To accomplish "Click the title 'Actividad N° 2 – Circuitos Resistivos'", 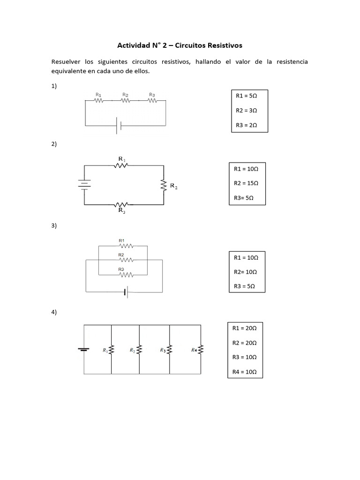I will (x=180, y=45).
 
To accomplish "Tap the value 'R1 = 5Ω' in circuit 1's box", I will (x=247, y=95).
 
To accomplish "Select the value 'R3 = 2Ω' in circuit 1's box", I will (x=247, y=125).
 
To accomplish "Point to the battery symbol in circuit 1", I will (x=119, y=126).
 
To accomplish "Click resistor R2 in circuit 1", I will (x=125, y=100).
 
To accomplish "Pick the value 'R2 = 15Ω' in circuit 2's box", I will (x=246, y=183).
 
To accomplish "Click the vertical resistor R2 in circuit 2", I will (x=164, y=185).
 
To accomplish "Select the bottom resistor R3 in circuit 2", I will (x=121, y=205).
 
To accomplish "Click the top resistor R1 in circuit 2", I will (x=121, y=165).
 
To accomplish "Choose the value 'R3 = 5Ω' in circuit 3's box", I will (x=243, y=286).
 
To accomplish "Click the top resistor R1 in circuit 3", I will (x=125, y=246).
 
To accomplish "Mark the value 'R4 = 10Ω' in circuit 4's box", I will (x=245, y=372).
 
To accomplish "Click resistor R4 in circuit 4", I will (x=201, y=350).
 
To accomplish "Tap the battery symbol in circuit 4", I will (x=84, y=349).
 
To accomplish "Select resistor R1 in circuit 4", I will (x=112, y=350).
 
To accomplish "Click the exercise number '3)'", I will (x=54, y=225).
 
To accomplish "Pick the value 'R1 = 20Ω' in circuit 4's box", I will (x=245, y=329).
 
